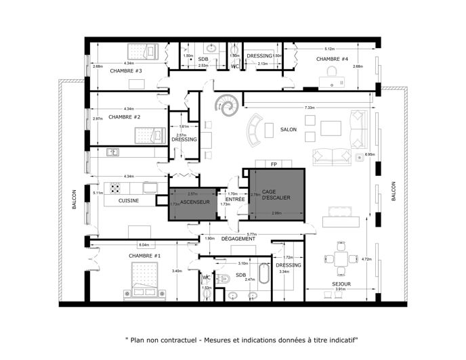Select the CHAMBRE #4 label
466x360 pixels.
pos(332,60)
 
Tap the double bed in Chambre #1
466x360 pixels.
pos(143,282)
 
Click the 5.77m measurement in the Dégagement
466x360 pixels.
pos(251,233)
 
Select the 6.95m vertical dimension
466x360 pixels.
pos(369,154)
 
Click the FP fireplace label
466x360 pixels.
pos(274,164)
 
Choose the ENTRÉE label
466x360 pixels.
pos(235,200)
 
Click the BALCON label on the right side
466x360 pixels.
pos(392,192)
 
